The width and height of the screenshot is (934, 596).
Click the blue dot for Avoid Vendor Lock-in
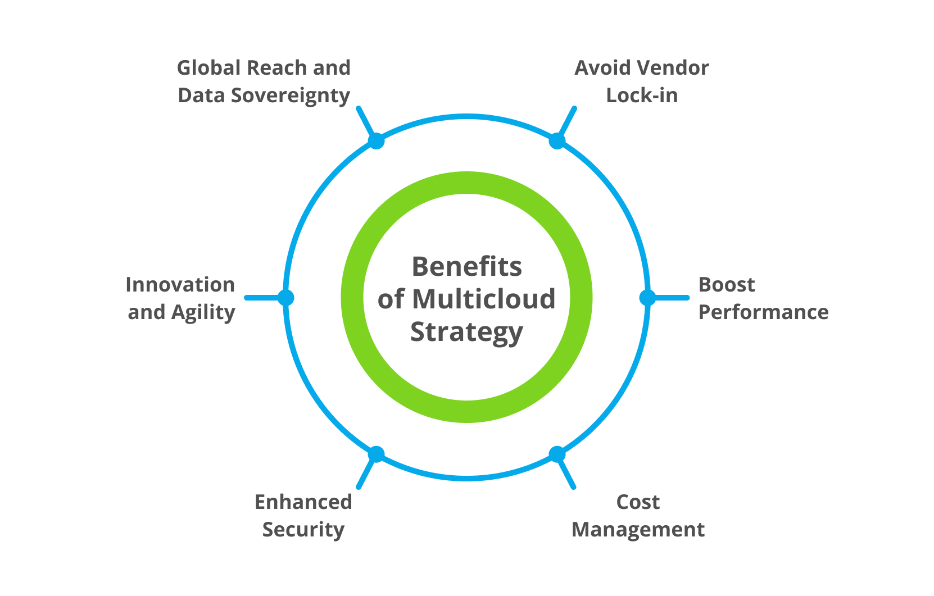(557, 140)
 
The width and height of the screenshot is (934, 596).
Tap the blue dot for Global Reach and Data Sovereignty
(376, 140)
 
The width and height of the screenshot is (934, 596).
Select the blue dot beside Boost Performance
(647, 297)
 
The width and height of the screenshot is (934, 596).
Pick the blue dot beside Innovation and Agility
(285, 297)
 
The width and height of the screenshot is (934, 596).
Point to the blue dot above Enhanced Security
(376, 454)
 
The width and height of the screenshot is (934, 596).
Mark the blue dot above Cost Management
(557, 454)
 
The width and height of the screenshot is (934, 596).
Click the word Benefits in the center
(466, 266)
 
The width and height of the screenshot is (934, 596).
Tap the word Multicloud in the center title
(483, 299)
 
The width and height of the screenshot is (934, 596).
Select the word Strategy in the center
(466, 332)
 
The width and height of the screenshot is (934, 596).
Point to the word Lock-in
(642, 95)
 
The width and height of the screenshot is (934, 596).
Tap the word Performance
(763, 312)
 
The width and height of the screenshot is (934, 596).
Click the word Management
(638, 530)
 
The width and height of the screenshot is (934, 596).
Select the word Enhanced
(303, 502)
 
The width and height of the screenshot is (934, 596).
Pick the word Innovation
(180, 285)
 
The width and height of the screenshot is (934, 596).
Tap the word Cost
(638, 502)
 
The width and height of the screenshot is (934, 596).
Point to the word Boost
(726, 285)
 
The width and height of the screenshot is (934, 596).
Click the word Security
(303, 530)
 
